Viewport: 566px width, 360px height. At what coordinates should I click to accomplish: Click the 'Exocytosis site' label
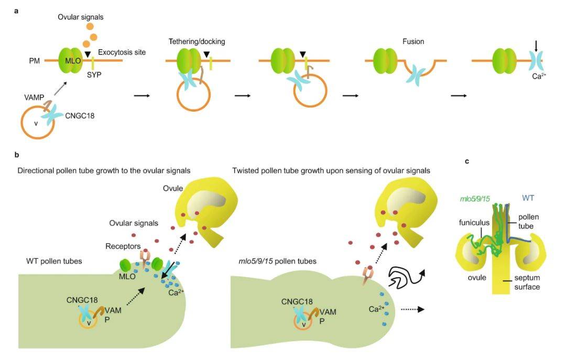pos(122,52)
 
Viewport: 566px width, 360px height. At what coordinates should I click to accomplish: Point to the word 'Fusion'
pos(413,41)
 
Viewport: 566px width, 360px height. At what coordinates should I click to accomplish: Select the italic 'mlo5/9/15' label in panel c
pos(471,198)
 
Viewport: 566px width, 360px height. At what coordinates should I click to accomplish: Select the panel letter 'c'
pos(467,161)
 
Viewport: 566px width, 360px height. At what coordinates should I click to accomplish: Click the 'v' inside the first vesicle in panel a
pos(36,124)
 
